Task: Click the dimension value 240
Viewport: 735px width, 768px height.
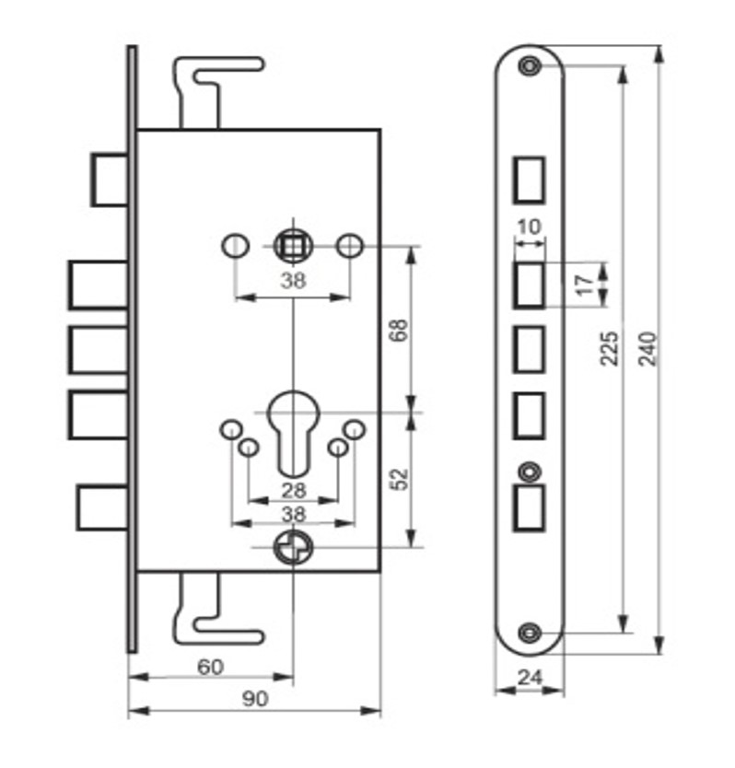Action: coord(647,348)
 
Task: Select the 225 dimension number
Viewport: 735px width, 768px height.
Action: coord(610,348)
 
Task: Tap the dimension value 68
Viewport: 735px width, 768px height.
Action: coord(401,330)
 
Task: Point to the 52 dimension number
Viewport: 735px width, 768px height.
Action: coord(401,479)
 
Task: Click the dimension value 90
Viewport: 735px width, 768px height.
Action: coord(255,699)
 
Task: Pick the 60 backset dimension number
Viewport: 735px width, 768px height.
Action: coord(210,667)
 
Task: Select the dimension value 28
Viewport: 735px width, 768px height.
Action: coord(294,490)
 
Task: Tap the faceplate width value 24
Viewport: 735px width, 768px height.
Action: coord(531,678)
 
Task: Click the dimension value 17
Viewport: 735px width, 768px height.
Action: coord(585,285)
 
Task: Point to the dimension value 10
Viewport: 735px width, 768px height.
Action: coord(530,227)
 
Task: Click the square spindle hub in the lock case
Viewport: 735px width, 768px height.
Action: coord(293,246)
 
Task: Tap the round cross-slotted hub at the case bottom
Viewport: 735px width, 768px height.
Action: coord(293,548)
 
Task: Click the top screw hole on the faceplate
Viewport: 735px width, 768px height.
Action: coord(530,65)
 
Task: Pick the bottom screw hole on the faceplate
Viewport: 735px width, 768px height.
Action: coord(530,633)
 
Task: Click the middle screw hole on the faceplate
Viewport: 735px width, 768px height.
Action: coord(530,472)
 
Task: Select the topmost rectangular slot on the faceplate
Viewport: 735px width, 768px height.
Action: coord(529,180)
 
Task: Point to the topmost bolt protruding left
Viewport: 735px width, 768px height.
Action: coord(111,180)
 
